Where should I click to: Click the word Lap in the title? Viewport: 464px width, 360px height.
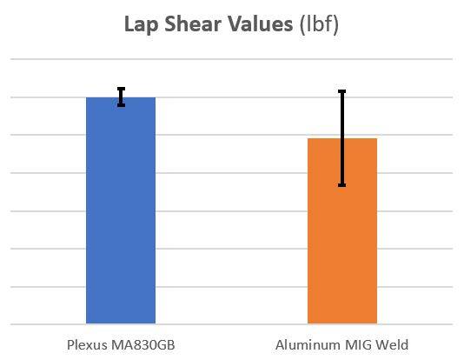coord(141,24)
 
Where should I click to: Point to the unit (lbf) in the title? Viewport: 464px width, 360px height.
coord(318,24)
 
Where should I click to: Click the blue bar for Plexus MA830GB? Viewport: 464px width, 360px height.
coord(121,217)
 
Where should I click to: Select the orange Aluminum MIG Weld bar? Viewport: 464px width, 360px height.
coord(341,235)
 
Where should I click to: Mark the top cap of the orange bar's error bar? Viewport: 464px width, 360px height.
coord(341,91)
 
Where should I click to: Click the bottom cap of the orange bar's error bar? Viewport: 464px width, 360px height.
coord(341,185)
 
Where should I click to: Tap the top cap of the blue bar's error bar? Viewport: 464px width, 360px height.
coord(121,89)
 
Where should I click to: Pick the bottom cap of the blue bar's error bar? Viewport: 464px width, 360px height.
coord(121,105)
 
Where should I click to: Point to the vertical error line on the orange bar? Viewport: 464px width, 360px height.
coord(341,122)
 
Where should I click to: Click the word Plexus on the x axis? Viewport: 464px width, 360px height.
coord(87,344)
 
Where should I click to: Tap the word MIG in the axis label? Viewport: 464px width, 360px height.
coord(357,344)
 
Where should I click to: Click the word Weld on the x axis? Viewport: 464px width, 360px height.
coord(391,344)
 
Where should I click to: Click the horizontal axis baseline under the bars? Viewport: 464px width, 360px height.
coord(231,324)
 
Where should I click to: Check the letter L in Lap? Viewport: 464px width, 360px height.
coord(129,24)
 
